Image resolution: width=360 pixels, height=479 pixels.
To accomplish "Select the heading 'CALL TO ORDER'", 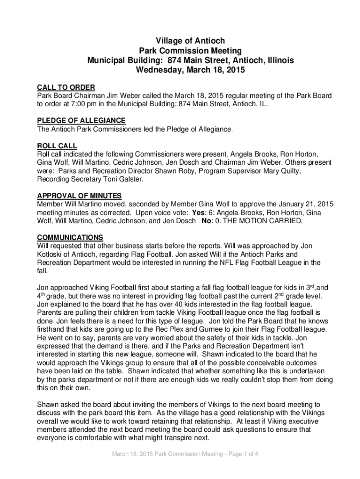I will pyautogui.click(x=66, y=87).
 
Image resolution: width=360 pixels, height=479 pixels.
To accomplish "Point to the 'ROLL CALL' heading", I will pyautogui.click(x=57, y=146).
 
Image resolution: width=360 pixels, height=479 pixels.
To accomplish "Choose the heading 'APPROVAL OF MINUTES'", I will pyautogui.click(x=79, y=196).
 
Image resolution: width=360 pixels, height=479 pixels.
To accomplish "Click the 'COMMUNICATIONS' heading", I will pyautogui.click(x=70, y=238).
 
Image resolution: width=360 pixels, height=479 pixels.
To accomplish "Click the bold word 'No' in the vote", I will pyautogui.click(x=206, y=221).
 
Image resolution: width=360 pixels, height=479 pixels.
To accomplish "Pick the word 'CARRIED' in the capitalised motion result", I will pyautogui.click(x=283, y=221).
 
